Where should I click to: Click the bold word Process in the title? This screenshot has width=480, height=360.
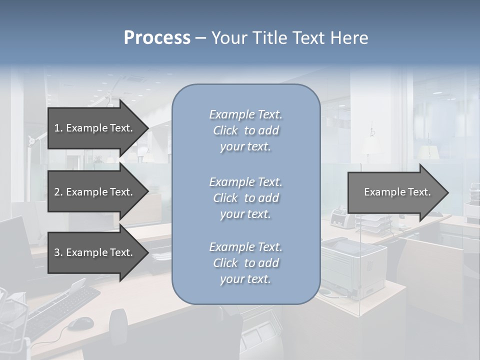click(x=157, y=38)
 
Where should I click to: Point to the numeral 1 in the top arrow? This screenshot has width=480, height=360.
click(x=56, y=128)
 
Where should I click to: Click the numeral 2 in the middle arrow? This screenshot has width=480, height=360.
click(x=57, y=192)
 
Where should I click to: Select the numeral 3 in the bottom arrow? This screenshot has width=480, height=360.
click(x=57, y=252)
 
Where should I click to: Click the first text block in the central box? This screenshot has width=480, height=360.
click(x=245, y=130)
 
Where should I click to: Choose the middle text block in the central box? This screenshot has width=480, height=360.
click(x=245, y=198)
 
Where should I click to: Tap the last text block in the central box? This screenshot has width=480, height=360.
click(x=245, y=263)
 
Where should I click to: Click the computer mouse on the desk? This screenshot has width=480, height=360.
click(x=80, y=323)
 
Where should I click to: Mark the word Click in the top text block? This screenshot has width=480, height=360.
click(x=225, y=130)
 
